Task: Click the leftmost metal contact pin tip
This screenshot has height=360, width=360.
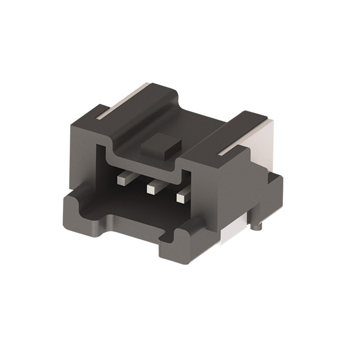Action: (121, 180)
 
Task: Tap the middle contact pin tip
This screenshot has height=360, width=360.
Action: (150, 190)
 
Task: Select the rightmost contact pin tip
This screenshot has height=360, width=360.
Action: (181, 198)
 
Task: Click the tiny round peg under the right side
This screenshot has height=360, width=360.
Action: (257, 228)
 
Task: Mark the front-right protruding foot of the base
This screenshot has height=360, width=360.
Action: (174, 247)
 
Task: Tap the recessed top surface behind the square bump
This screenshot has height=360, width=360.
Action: (191, 127)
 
